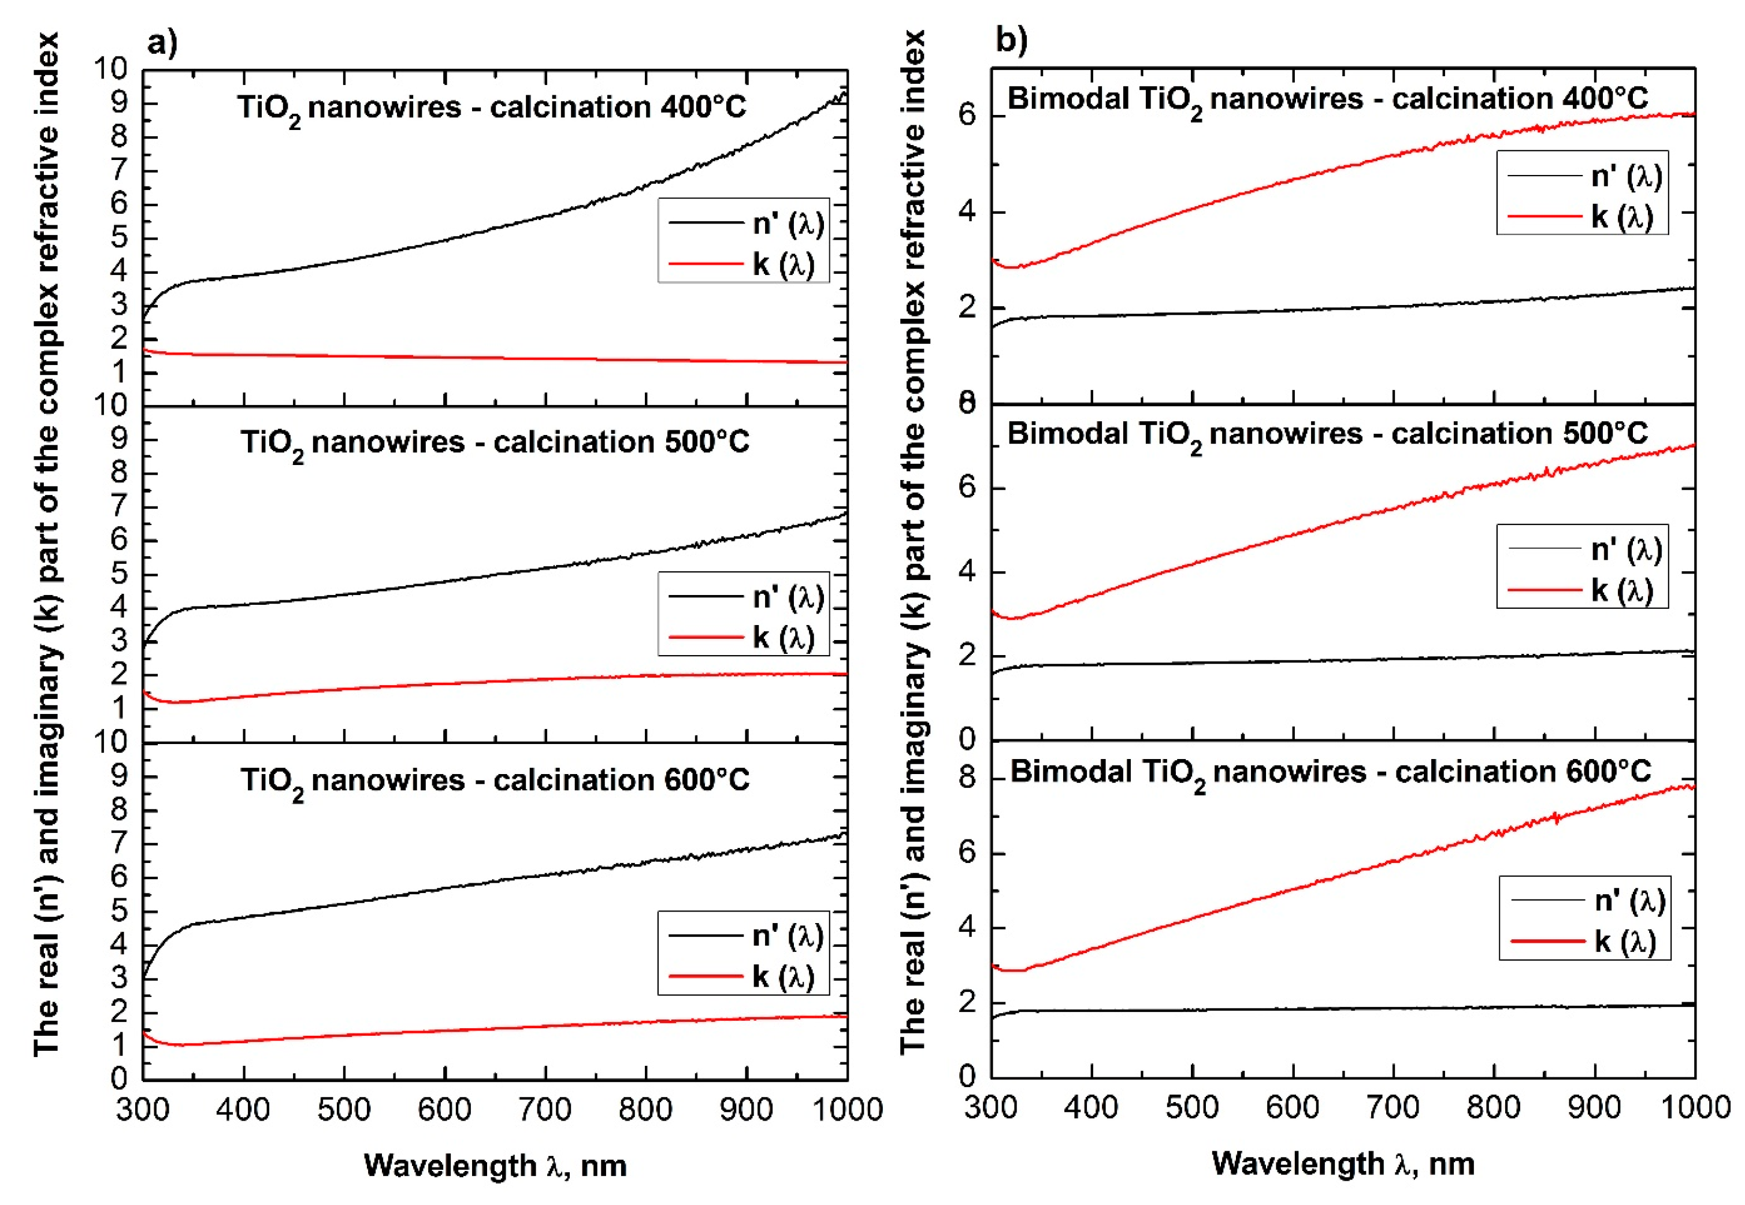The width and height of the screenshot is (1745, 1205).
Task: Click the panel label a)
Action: [161, 42]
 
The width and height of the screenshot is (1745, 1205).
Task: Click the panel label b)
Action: [1010, 39]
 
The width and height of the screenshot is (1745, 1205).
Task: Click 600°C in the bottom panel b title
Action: [1607, 772]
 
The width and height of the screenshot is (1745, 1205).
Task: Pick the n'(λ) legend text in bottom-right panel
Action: [1629, 901]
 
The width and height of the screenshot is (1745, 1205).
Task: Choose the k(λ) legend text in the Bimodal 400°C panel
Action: [1622, 217]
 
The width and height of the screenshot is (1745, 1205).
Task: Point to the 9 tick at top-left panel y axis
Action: [119, 103]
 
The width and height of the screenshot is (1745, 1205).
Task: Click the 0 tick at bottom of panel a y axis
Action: [119, 1078]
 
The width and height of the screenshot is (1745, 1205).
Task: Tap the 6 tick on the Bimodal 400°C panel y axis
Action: [967, 116]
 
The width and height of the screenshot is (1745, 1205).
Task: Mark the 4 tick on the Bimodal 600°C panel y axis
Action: [967, 927]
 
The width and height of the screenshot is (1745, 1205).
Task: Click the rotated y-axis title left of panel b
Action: [912, 541]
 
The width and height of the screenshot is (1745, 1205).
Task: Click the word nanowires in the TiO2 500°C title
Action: [387, 442]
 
